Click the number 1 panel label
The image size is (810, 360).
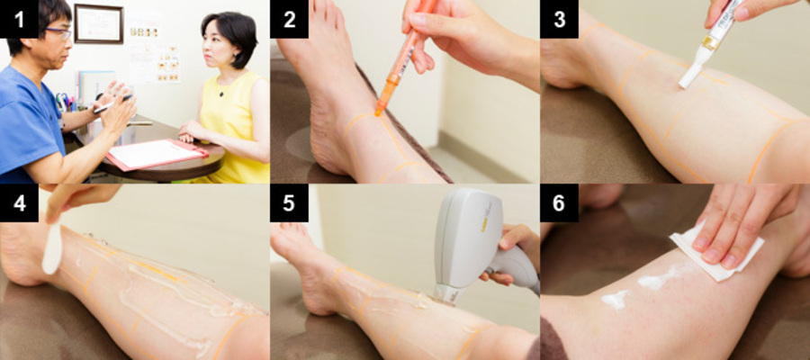point(19,19)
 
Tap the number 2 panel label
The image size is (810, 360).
point(289,19)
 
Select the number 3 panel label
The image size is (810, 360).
point(559,19)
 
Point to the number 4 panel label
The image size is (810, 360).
point(19,203)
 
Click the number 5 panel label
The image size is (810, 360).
point(289,203)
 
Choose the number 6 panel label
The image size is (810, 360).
point(559,203)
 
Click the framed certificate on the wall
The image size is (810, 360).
point(99,23)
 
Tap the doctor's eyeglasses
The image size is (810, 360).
point(58,33)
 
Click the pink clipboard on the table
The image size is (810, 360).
point(157,153)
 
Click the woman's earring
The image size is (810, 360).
point(237,55)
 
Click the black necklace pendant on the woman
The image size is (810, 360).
point(221,94)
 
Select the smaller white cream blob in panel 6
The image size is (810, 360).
point(616,300)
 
